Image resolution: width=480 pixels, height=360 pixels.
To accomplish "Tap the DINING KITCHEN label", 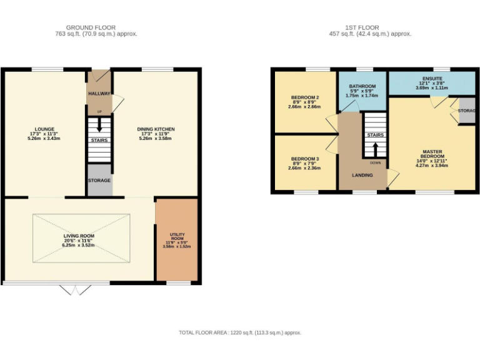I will point(156,129).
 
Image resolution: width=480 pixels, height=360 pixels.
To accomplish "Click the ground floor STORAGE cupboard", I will point(99,181).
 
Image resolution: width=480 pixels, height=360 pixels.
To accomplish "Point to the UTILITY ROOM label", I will point(176,236).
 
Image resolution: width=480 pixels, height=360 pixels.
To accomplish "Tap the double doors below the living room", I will point(74,289).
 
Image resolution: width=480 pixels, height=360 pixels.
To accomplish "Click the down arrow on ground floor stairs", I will point(99,125).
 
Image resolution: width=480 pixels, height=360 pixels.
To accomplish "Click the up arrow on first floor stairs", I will point(375,149).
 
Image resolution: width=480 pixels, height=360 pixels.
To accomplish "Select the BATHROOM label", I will point(362,86).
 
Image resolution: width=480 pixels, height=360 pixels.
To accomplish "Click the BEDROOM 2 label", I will point(305,97).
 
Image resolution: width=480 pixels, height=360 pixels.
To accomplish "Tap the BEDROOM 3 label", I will point(305,159).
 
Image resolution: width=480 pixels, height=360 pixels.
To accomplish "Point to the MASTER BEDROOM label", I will point(432,154).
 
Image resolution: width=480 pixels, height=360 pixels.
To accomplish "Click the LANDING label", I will point(362,175).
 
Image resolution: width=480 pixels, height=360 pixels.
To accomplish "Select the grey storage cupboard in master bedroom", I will point(466,111).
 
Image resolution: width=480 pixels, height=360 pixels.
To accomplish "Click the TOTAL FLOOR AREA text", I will point(240,332).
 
